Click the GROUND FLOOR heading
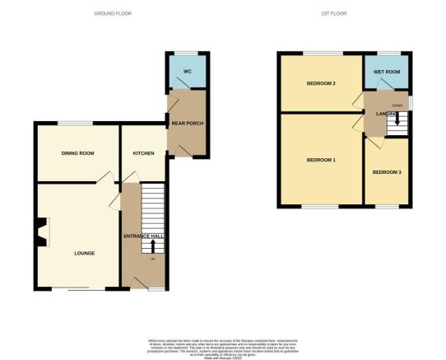point(114,14)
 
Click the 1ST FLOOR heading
point(333,14)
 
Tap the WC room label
point(187,72)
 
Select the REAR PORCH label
point(188,124)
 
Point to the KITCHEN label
point(145,153)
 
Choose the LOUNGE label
point(82,252)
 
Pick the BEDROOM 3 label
point(387,172)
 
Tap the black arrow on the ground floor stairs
point(152,245)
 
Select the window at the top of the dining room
point(75,124)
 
